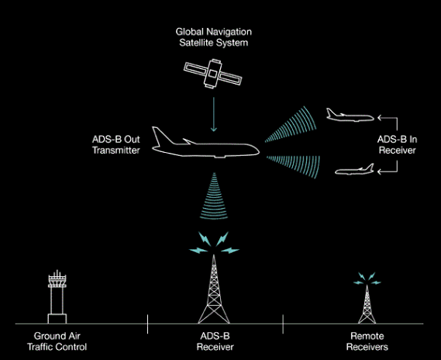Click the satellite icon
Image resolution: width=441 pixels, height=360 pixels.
coord(213,74)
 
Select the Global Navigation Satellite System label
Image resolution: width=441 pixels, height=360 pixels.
coord(214,37)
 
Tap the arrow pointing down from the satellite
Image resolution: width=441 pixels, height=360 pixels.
coord(214,114)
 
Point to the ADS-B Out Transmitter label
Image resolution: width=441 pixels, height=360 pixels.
coord(116,144)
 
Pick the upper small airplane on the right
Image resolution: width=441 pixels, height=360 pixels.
coord(350,116)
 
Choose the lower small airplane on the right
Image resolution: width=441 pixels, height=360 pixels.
coord(354,169)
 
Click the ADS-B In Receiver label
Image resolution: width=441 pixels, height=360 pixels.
coord(397,144)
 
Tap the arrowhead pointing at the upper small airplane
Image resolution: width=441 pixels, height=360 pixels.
coord(380,118)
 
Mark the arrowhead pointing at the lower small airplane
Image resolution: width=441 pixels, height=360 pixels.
coord(380,171)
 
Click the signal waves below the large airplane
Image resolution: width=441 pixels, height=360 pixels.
coord(214,196)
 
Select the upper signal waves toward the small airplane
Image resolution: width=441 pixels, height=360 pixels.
coord(291,124)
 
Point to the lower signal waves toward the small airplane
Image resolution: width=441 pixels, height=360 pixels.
coord(293,167)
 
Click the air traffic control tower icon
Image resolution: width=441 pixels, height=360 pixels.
coord(57,297)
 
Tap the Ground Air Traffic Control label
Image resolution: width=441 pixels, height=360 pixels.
coord(57,341)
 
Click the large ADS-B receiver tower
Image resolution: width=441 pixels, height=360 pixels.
coord(214,290)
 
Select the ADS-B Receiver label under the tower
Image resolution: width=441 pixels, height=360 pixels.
coord(215,341)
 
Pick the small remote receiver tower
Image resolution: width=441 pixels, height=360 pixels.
coord(367,305)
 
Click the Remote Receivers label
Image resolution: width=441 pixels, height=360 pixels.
coord(367,341)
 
